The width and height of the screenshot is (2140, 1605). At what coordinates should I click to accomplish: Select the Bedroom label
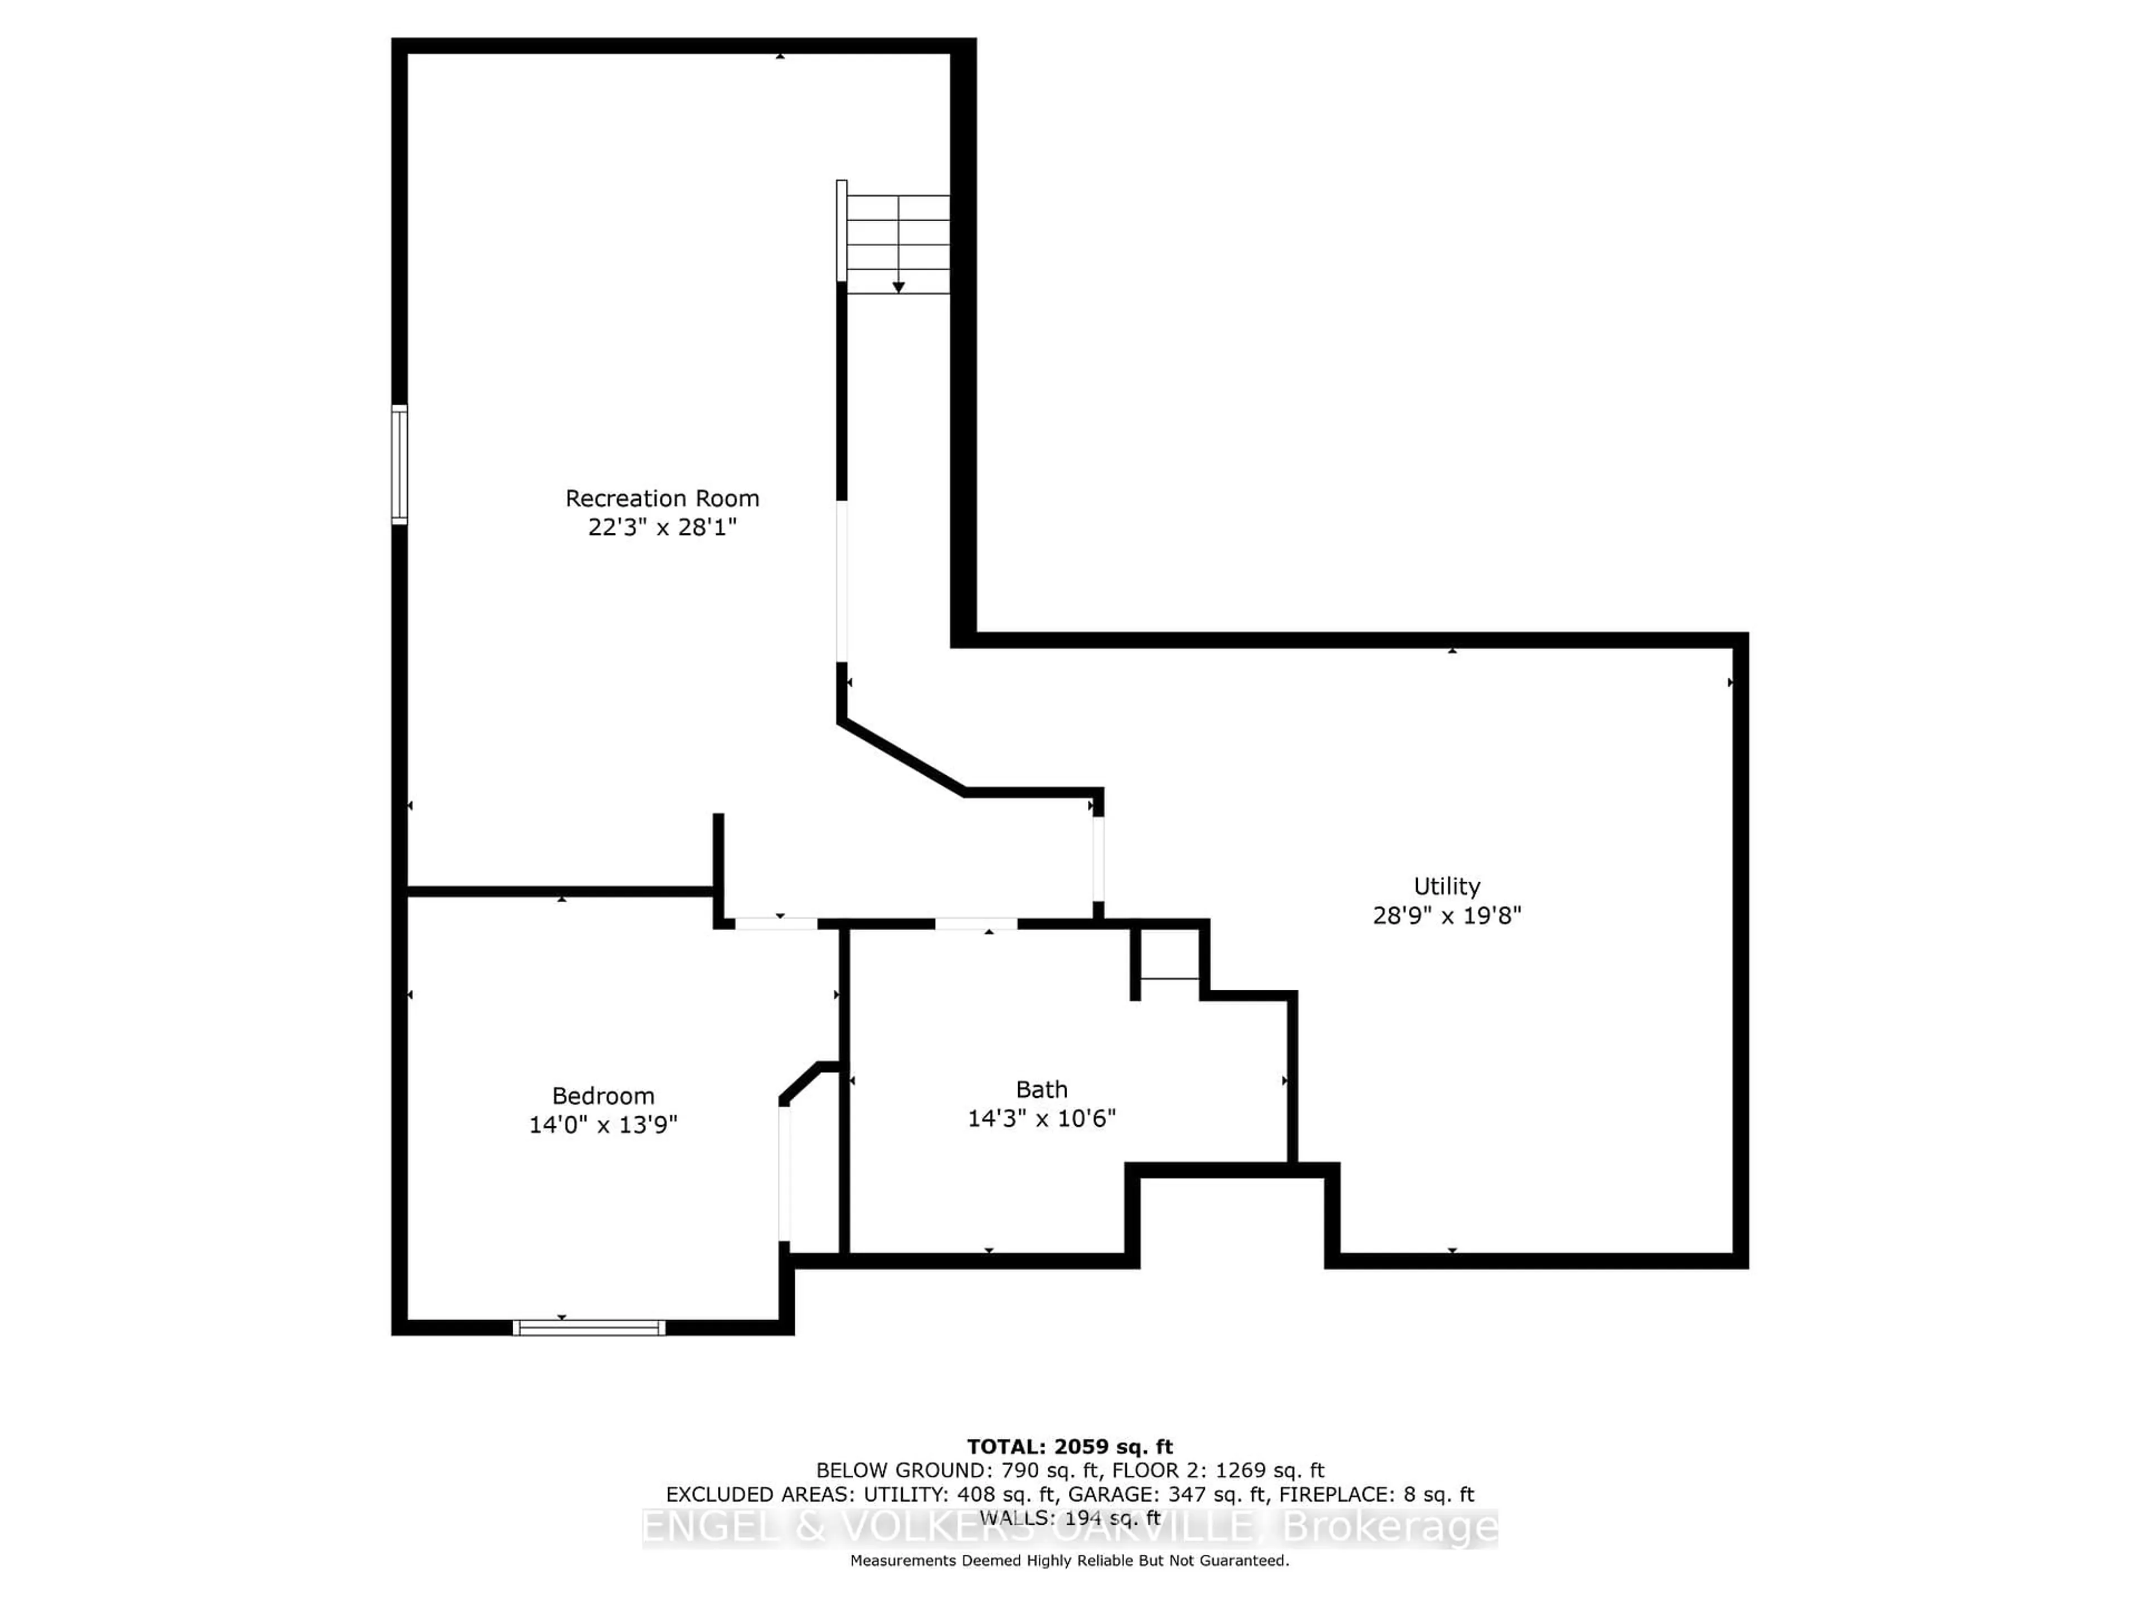(x=603, y=1096)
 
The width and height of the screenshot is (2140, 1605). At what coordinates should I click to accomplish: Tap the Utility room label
(x=1446, y=886)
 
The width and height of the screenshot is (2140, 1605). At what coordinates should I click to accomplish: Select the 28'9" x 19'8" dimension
(x=1446, y=915)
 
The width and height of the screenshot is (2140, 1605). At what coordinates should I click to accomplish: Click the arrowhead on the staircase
(x=898, y=288)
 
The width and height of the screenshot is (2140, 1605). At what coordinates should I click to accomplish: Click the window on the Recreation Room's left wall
(x=398, y=464)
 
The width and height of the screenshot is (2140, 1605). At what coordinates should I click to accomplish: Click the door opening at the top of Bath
(x=975, y=924)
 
